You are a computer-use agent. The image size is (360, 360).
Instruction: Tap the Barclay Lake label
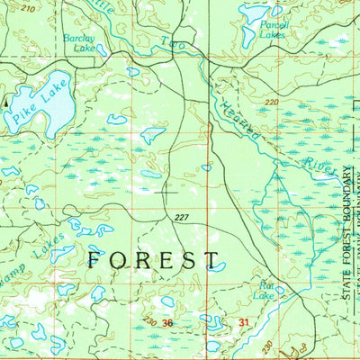[78, 44]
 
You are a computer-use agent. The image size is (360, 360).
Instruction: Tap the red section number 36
[168, 322]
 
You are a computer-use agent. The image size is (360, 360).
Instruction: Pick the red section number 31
[243, 322]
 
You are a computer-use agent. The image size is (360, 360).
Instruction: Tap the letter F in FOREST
[95, 260]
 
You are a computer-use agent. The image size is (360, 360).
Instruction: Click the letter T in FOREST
[212, 260]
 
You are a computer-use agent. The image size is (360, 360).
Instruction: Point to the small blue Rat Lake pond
[280, 290]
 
